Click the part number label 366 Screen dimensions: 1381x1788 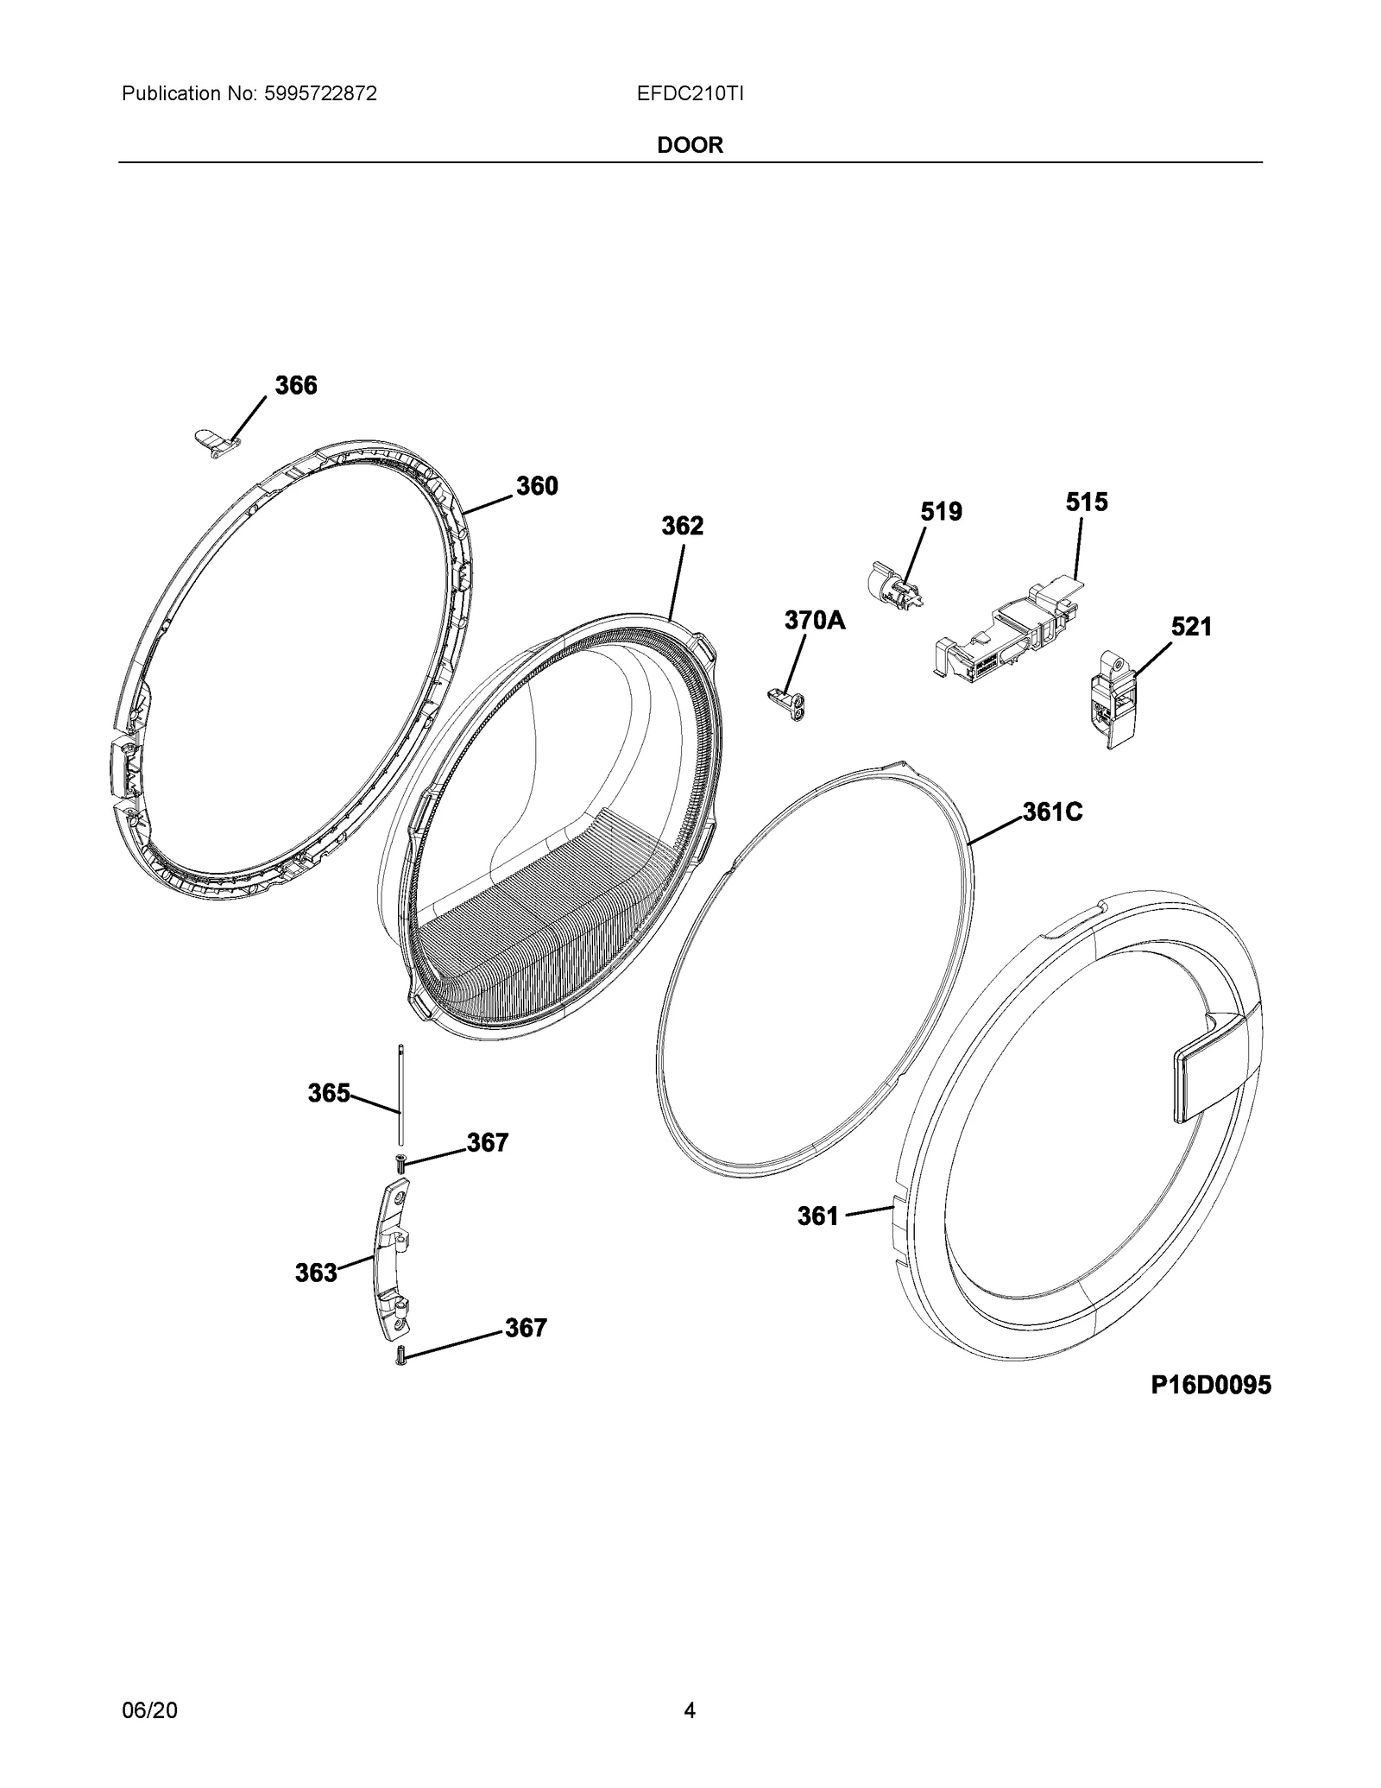pyautogui.click(x=296, y=386)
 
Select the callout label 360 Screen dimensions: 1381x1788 pyautogui.click(x=537, y=486)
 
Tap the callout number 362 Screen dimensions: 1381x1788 pyautogui.click(x=683, y=526)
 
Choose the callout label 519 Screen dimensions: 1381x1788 pyautogui.click(x=941, y=512)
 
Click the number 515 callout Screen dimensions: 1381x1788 pyautogui.click(x=1087, y=502)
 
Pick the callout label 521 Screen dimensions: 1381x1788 pyautogui.click(x=1191, y=627)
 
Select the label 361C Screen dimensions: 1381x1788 pyautogui.click(x=1053, y=812)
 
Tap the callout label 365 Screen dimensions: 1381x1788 pyautogui.click(x=329, y=1094)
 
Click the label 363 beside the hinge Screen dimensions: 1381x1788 pyautogui.click(x=316, y=1273)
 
